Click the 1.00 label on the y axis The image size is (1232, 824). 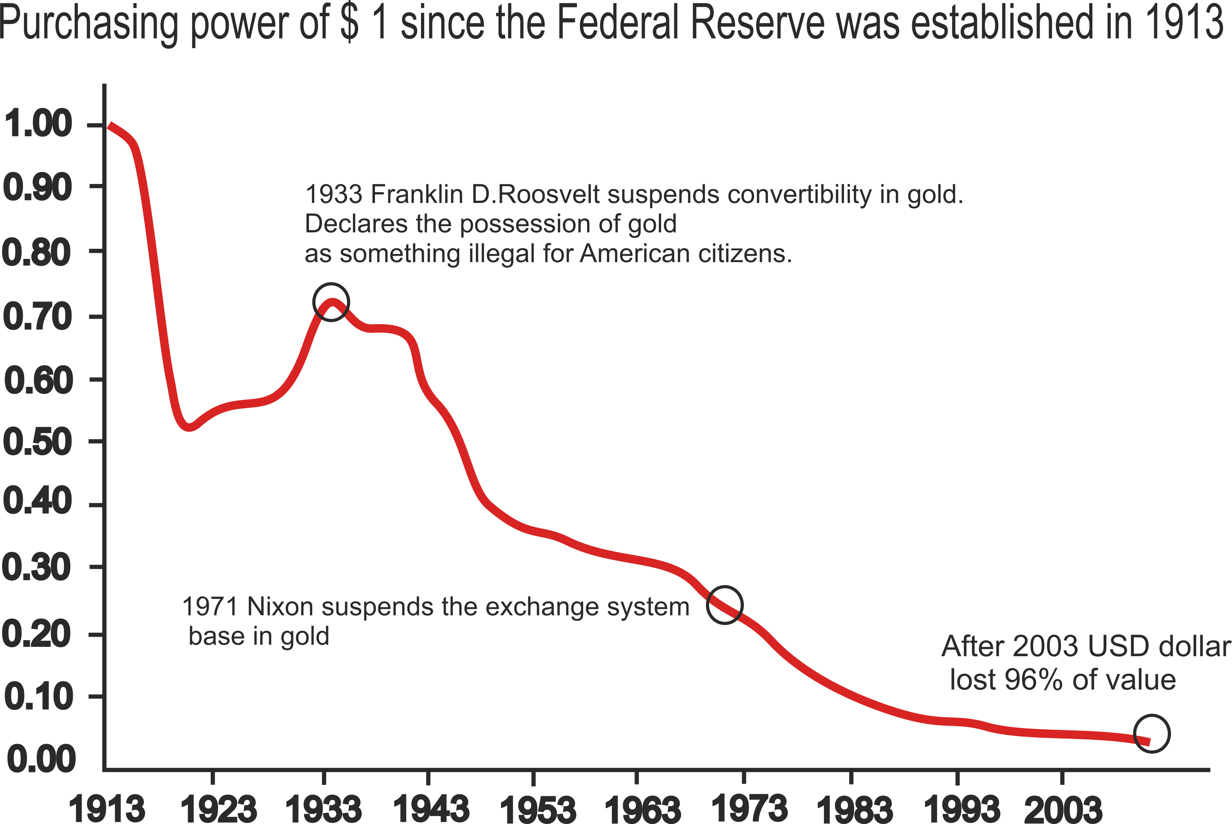pos(38,124)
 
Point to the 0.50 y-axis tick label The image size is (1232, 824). pos(38,442)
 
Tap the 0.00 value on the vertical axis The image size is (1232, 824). pos(41,760)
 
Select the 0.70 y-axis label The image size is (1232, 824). pos(38,317)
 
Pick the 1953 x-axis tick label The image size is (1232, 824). pos(537,808)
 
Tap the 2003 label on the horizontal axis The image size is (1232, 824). pos(1063,808)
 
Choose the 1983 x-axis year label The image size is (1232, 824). pos(854,808)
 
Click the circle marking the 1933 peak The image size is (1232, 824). pos(331,302)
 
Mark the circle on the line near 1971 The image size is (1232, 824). pos(725,605)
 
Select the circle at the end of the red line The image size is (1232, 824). pos(1152,734)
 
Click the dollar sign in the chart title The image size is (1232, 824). pos(350,23)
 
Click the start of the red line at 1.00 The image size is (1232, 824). pos(110,126)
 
